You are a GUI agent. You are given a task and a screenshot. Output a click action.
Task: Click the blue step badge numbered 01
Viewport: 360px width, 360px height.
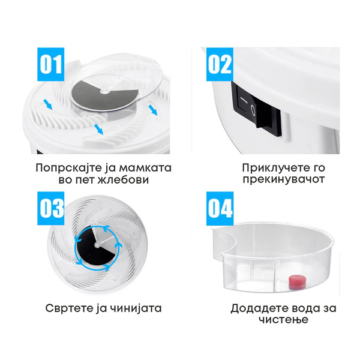51,64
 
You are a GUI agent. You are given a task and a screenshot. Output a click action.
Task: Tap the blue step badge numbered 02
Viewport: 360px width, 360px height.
220,64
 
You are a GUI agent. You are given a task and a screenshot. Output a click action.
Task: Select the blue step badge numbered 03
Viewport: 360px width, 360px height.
51,208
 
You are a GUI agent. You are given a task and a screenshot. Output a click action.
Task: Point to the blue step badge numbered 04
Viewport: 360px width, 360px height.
220,208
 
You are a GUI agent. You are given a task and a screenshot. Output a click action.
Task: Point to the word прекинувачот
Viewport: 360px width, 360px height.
284,179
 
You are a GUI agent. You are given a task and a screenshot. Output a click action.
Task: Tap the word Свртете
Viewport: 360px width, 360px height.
68,308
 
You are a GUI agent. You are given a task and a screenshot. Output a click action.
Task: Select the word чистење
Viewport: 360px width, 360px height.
283,319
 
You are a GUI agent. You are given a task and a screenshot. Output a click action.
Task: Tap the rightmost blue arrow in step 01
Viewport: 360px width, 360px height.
152,110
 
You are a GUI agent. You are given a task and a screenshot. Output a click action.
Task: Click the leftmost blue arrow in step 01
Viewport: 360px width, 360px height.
48,106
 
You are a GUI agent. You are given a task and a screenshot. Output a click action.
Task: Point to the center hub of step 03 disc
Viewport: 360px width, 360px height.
97,244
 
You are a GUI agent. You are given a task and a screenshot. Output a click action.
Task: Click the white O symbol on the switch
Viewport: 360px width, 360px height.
253,110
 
